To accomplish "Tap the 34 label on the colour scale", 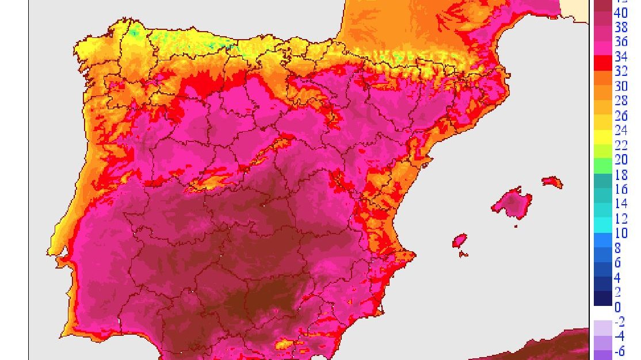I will (x=621, y=57).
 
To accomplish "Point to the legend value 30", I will (x=621, y=86).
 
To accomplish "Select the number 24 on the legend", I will (x=621, y=131).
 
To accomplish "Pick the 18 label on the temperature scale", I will (x=621, y=175).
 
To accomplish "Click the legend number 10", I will (x=621, y=233).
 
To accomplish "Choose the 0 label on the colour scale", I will (x=619, y=307).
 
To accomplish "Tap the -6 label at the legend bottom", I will (x=620, y=351).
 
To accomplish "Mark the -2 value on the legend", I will (x=620, y=322).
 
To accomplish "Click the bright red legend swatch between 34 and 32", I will (x=602, y=64).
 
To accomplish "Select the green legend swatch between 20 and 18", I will (x=602, y=167).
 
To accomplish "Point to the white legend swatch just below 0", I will (x=602, y=313).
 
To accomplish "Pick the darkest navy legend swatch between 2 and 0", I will (x=602, y=298).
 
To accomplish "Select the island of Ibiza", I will (x=459, y=240).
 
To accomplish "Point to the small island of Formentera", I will (x=465, y=254).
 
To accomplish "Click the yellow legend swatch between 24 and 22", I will (x=602, y=137).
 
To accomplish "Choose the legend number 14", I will (x=621, y=204).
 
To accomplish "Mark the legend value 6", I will (x=619, y=263).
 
